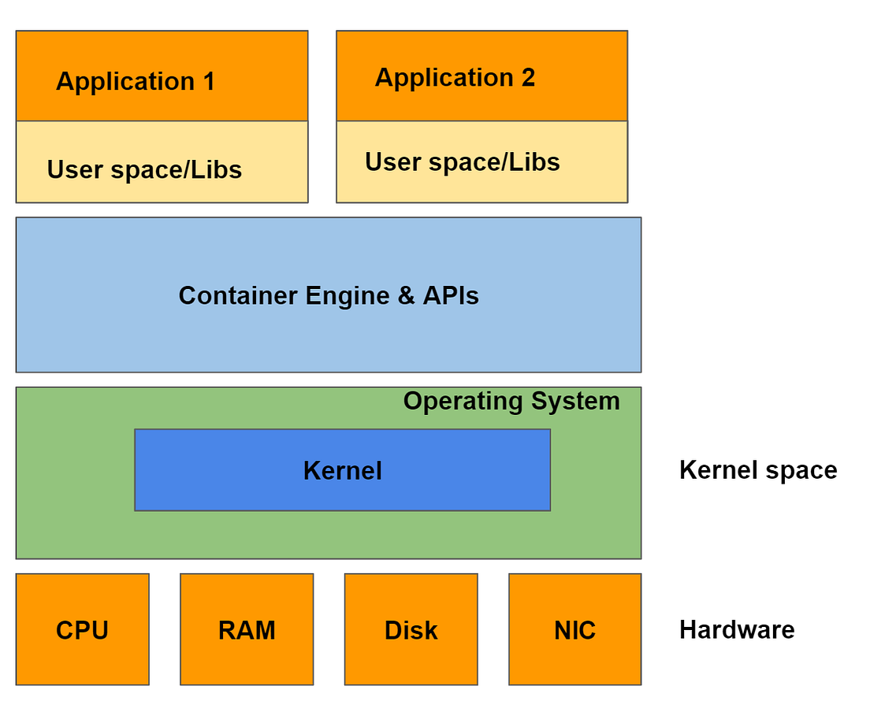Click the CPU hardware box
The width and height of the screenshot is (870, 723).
pyautogui.click(x=82, y=629)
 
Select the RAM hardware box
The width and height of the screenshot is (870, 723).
pyautogui.click(x=247, y=629)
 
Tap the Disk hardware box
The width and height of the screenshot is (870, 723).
pyautogui.click(x=411, y=629)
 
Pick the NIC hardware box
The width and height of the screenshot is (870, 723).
pyautogui.click(x=574, y=629)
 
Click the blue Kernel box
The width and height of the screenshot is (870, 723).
pyautogui.click(x=342, y=470)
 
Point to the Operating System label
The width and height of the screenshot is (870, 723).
pyautogui.click(x=511, y=401)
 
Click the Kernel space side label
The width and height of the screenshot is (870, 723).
pyautogui.click(x=757, y=470)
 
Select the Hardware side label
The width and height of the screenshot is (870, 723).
pyautogui.click(x=737, y=629)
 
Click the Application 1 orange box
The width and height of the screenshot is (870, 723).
pyautogui.click(x=162, y=76)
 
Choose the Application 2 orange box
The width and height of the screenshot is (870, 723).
pyautogui.click(x=481, y=76)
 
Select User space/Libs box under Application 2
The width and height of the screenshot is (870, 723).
pyautogui.click(x=481, y=161)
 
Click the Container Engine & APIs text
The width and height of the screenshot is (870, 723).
pyautogui.click(x=329, y=295)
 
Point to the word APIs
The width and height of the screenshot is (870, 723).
pyautogui.click(x=451, y=295)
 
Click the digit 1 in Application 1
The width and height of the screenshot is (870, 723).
pyautogui.click(x=208, y=82)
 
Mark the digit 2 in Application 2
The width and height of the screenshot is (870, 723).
pyautogui.click(x=527, y=78)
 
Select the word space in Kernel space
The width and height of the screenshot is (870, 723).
pyautogui.click(x=799, y=471)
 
